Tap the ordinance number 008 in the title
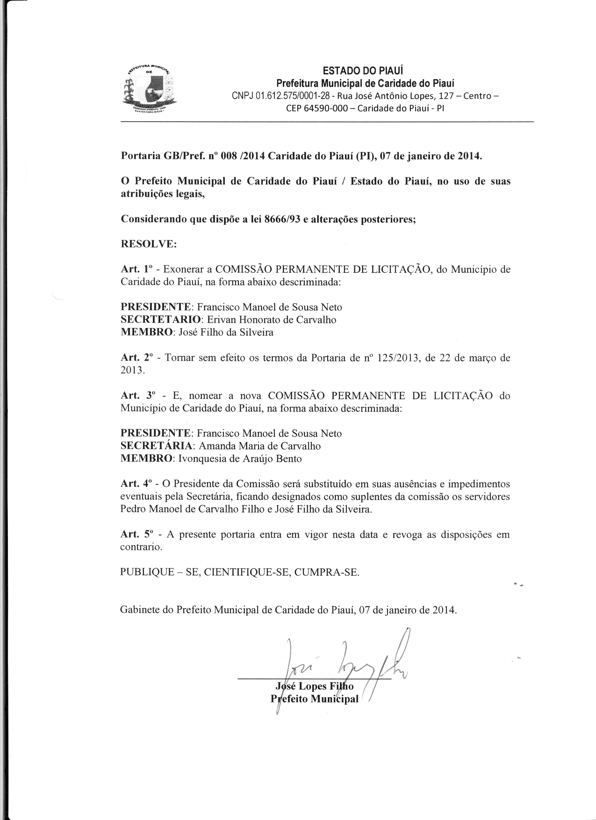(228, 156)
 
